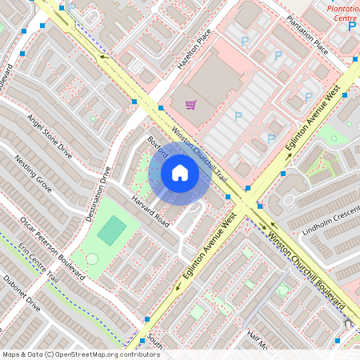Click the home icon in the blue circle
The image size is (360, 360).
[180, 172]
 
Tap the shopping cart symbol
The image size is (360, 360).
[190, 105]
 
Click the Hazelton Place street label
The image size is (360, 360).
[194, 49]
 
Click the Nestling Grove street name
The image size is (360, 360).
[33, 174]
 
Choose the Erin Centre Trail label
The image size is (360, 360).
[40, 268]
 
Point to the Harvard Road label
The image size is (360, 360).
[150, 210]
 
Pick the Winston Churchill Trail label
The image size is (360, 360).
[197, 151]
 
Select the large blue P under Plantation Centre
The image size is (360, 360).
[352, 27]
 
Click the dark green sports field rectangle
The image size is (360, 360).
[113, 230]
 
